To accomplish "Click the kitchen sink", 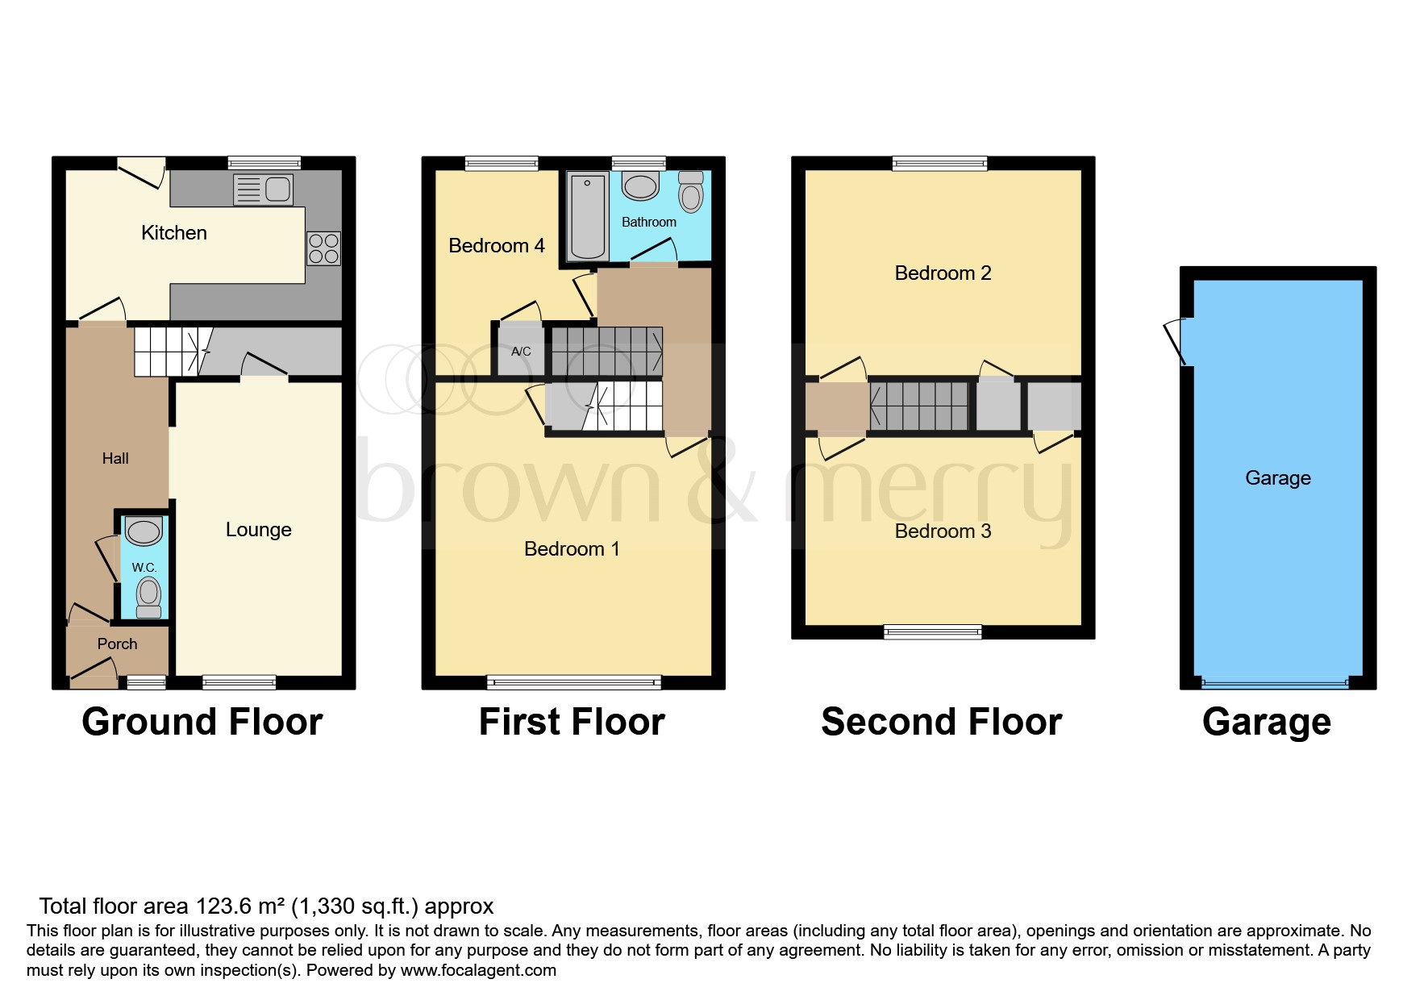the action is point(263,190).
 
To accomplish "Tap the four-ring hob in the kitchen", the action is point(323,248).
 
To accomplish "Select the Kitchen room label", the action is point(174,233).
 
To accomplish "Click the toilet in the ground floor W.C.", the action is point(148,597).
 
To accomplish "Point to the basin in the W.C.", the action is point(144,531).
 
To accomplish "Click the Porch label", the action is point(117,644).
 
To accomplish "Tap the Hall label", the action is point(115,458).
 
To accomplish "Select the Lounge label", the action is point(258,530).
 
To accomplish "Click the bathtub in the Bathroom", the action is point(588,216).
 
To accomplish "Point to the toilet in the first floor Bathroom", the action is point(691,192).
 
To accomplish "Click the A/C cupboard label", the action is point(521,351).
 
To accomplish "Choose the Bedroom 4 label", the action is point(497,245).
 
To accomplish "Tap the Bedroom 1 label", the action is point(572,549).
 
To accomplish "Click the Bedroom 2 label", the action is point(943,273).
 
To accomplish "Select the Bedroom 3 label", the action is point(943,531).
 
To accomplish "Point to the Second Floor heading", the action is point(941,722).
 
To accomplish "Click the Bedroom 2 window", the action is point(939,164).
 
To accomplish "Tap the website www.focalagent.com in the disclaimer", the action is point(478,970).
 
